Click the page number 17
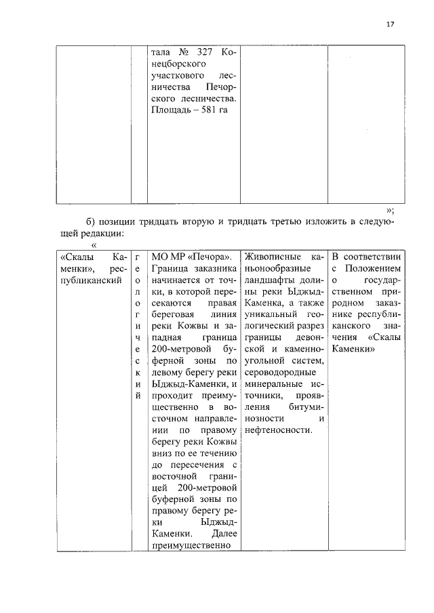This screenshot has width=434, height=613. pyautogui.click(x=389, y=24)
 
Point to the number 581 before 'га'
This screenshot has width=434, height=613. pyautogui.click(x=210, y=110)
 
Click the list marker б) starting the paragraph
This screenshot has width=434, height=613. pyautogui.click(x=92, y=224)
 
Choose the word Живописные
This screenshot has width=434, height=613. pyautogui.click(x=273, y=257)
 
